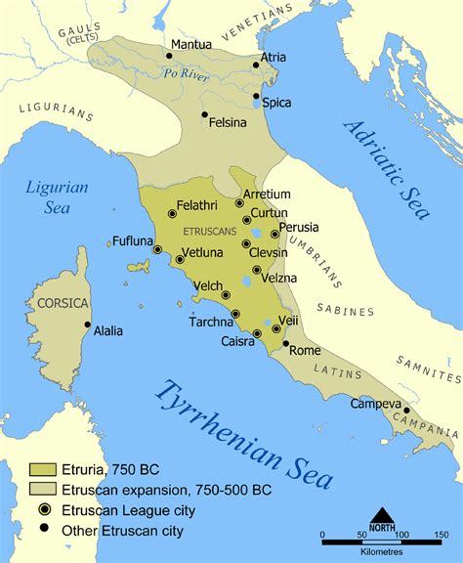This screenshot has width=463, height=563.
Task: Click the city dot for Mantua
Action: point(168,56)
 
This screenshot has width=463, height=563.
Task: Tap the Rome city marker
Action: point(285,343)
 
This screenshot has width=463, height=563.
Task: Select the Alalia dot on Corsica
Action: point(87,325)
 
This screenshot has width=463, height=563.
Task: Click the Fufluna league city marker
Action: point(157,249)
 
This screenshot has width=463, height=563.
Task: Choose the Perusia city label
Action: point(299,227)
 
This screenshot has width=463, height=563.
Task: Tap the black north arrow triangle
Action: point(383,515)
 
